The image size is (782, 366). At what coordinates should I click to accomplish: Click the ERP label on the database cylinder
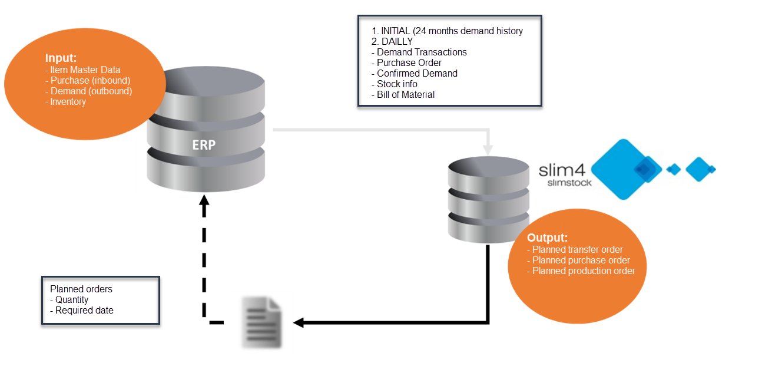[x=204, y=144]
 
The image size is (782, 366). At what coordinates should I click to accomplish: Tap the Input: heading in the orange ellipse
[x=62, y=58]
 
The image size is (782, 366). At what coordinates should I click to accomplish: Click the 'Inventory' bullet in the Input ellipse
[x=67, y=101]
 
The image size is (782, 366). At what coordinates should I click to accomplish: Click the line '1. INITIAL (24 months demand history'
[x=446, y=31]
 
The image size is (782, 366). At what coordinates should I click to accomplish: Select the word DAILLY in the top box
[x=396, y=41]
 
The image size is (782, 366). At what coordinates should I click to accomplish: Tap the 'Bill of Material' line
[x=405, y=94]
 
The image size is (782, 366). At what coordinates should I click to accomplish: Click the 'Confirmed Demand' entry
[x=416, y=73]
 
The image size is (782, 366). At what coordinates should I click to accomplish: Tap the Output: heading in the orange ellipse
[x=547, y=238]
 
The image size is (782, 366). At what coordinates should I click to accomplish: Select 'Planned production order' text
[x=583, y=271]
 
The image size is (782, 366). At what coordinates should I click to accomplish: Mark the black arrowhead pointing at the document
[x=299, y=322]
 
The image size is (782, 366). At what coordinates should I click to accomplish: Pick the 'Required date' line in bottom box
[x=84, y=310]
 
